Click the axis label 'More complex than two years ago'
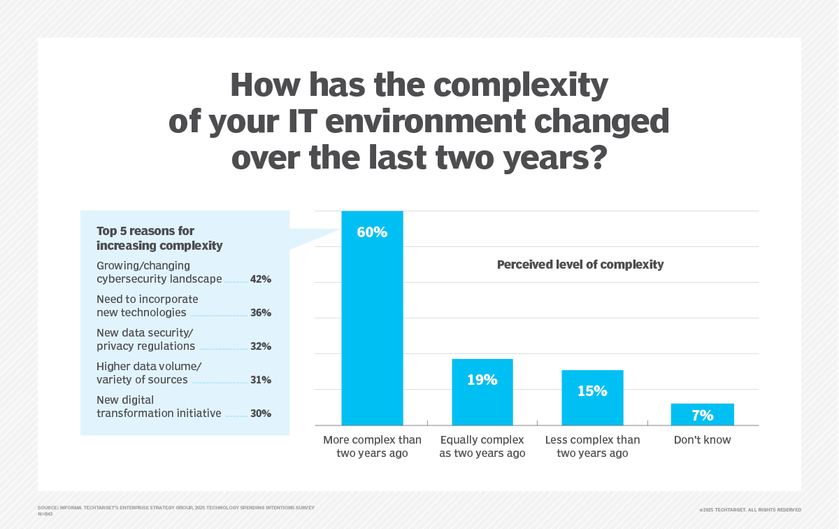click(372, 446)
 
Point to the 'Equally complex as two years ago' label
click(482, 446)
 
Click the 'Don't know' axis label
click(702, 440)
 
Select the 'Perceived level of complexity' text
click(580, 265)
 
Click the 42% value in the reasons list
click(260, 279)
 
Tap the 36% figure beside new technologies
click(260, 313)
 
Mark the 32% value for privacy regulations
click(260, 346)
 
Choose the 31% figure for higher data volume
click(260, 380)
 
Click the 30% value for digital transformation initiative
click(260, 414)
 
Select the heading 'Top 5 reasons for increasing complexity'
click(159, 238)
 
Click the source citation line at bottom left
click(175, 507)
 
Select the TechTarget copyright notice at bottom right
click(750, 510)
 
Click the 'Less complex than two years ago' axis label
click(592, 446)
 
